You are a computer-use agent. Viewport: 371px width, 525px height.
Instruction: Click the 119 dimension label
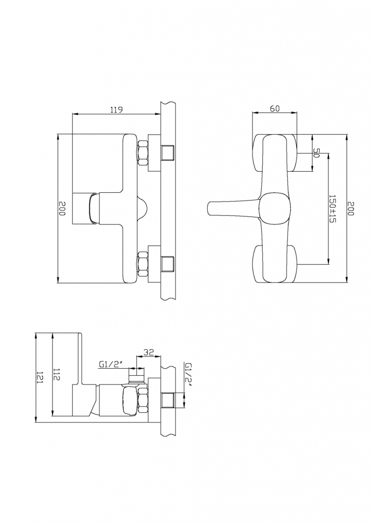(116, 109)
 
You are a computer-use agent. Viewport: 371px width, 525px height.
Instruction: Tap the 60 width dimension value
(275, 108)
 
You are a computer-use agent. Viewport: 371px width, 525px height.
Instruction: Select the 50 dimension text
(317, 153)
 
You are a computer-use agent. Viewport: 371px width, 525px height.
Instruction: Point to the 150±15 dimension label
(333, 208)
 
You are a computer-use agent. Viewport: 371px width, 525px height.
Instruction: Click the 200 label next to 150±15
(350, 208)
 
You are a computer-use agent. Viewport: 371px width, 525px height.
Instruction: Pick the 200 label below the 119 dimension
(62, 208)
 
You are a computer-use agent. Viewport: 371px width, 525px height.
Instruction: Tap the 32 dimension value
(148, 352)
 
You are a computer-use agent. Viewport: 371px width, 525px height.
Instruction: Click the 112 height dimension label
(56, 374)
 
